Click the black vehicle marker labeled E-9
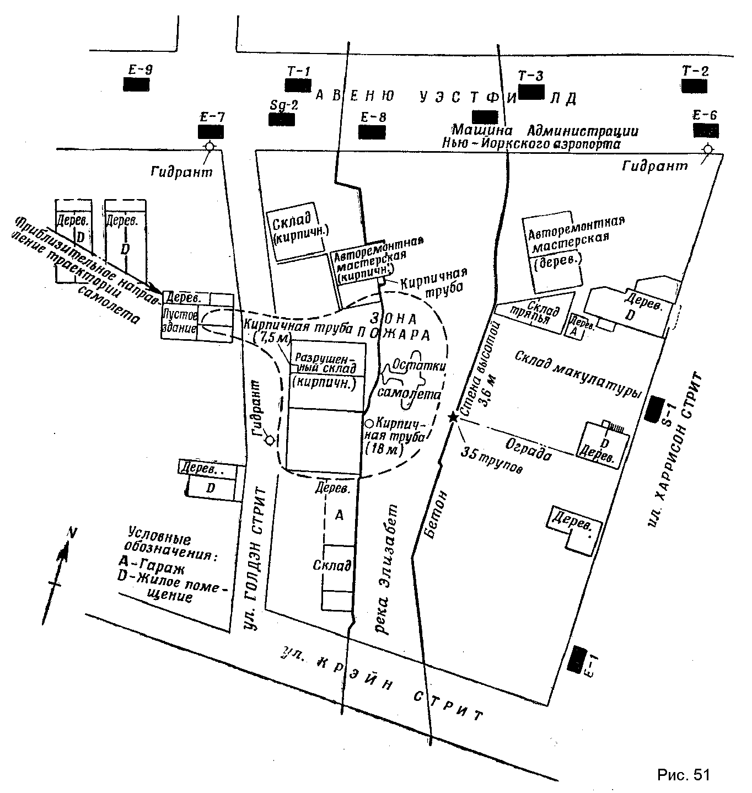click(136, 84)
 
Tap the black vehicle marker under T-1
click(298, 85)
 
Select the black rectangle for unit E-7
click(211, 132)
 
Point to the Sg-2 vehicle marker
click(282, 119)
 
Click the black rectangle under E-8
click(372, 132)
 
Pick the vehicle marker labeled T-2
click(694, 85)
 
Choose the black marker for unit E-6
click(706, 130)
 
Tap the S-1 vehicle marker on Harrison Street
click(656, 409)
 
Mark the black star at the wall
click(453, 417)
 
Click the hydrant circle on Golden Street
click(270, 440)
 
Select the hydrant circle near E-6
click(708, 149)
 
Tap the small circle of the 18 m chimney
click(369, 424)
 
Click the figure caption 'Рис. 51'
click(683, 774)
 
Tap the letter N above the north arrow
click(71, 532)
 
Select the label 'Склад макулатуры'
click(579, 375)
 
